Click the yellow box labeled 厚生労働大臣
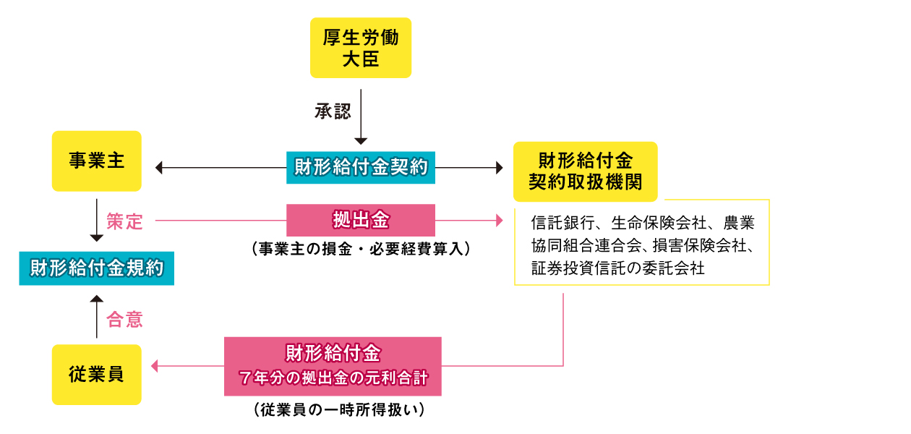(x=360, y=48)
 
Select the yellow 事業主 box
(x=97, y=161)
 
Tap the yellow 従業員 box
(x=97, y=374)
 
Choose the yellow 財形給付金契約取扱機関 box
(x=585, y=171)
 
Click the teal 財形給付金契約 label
(x=361, y=168)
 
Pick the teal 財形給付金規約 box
(x=96, y=269)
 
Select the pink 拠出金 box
(x=361, y=220)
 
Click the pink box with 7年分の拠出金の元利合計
(x=333, y=366)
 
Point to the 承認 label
(x=333, y=111)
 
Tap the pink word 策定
(x=124, y=221)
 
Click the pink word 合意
(x=124, y=319)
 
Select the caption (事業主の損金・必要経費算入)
(x=361, y=249)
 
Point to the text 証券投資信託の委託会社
(x=617, y=268)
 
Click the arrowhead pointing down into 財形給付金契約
(x=361, y=141)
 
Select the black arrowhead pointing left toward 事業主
(x=160, y=168)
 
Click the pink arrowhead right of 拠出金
(x=498, y=220)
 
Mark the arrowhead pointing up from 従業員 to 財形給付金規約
(x=97, y=299)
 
